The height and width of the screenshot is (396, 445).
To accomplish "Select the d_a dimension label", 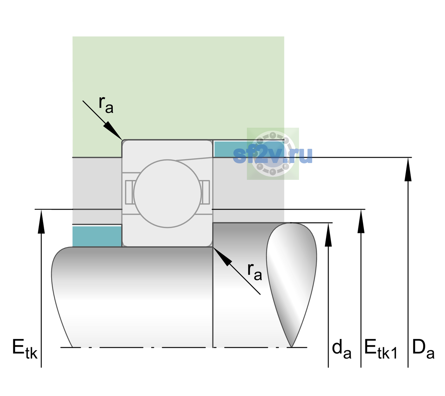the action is click(x=341, y=349).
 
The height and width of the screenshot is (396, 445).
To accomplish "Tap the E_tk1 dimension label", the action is click(x=381, y=349).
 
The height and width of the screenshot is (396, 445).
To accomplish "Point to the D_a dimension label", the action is click(x=423, y=349).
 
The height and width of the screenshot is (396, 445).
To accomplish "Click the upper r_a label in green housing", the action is click(x=106, y=105).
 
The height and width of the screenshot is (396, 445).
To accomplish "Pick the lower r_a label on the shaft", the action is click(x=255, y=272).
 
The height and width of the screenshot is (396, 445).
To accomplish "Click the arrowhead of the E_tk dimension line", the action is click(x=41, y=221).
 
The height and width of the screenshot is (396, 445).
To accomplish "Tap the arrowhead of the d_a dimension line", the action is click(x=328, y=234).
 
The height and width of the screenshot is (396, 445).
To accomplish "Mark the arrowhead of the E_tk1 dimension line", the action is click(x=361, y=221).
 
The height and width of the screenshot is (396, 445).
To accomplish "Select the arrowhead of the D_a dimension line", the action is click(x=408, y=169).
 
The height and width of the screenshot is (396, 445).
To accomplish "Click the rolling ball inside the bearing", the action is click(x=167, y=193).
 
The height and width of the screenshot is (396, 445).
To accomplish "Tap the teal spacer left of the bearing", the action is click(x=97, y=236).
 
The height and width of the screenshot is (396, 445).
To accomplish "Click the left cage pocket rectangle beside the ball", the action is click(x=129, y=192).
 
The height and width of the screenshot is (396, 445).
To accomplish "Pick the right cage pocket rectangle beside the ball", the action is click(x=206, y=192).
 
